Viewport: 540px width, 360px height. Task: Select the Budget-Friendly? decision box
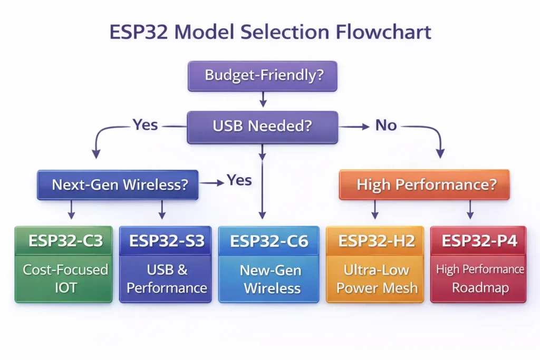pos(263,75)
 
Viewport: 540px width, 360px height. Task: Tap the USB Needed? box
pos(262,127)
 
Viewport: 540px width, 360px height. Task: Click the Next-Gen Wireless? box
pos(118,185)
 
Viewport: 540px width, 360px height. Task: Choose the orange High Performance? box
pos(424,185)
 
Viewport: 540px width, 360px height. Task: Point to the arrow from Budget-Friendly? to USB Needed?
pos(263,100)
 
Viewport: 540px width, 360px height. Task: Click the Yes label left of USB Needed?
pos(145,125)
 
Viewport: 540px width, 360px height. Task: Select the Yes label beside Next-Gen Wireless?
pos(239,180)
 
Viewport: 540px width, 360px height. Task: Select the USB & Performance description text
pos(166,279)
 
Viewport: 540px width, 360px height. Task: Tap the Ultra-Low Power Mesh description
pos(376,279)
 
